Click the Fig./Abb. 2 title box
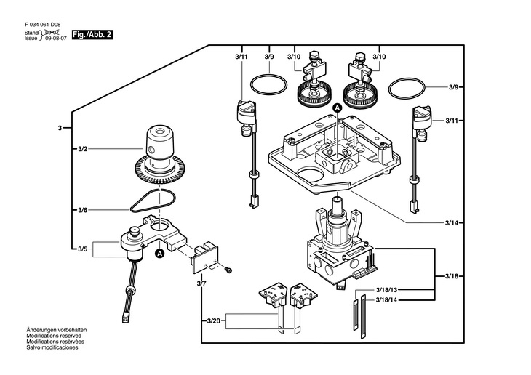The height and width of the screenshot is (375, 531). click(92, 35)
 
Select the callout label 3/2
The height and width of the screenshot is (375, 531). click(83, 149)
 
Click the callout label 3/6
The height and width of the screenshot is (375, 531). click(83, 210)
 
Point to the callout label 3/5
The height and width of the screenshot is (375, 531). click(83, 249)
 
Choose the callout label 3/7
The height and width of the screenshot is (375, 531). click(201, 283)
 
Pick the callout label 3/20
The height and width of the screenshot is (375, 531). click(213, 321)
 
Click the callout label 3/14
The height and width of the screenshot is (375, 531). click(452, 222)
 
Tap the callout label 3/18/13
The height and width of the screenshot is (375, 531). click(386, 290)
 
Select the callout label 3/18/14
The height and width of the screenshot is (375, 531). click(386, 300)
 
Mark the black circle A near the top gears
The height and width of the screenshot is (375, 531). click(338, 108)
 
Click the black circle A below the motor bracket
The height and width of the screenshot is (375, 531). click(159, 253)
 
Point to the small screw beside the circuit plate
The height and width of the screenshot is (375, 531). click(228, 270)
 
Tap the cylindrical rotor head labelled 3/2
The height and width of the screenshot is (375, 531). click(159, 142)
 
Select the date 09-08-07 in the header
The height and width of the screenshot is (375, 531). click(56, 39)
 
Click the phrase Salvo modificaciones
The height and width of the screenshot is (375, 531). click(52, 347)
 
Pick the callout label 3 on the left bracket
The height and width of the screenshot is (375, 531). click(60, 128)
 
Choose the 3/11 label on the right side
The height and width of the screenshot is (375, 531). click(452, 121)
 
